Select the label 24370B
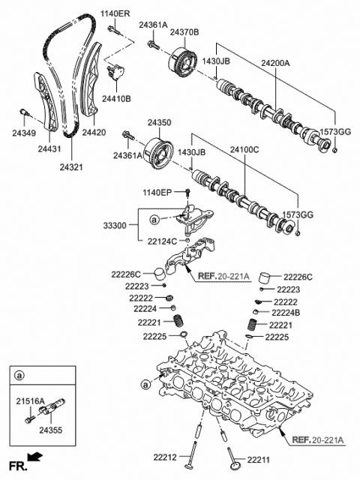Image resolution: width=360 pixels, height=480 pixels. (x=184, y=32)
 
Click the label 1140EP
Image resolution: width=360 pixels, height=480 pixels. (x=164, y=193)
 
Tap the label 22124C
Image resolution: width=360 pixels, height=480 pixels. (x=164, y=241)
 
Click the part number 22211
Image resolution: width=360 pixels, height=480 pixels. (x=256, y=457)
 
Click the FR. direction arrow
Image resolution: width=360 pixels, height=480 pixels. (x=34, y=455)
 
